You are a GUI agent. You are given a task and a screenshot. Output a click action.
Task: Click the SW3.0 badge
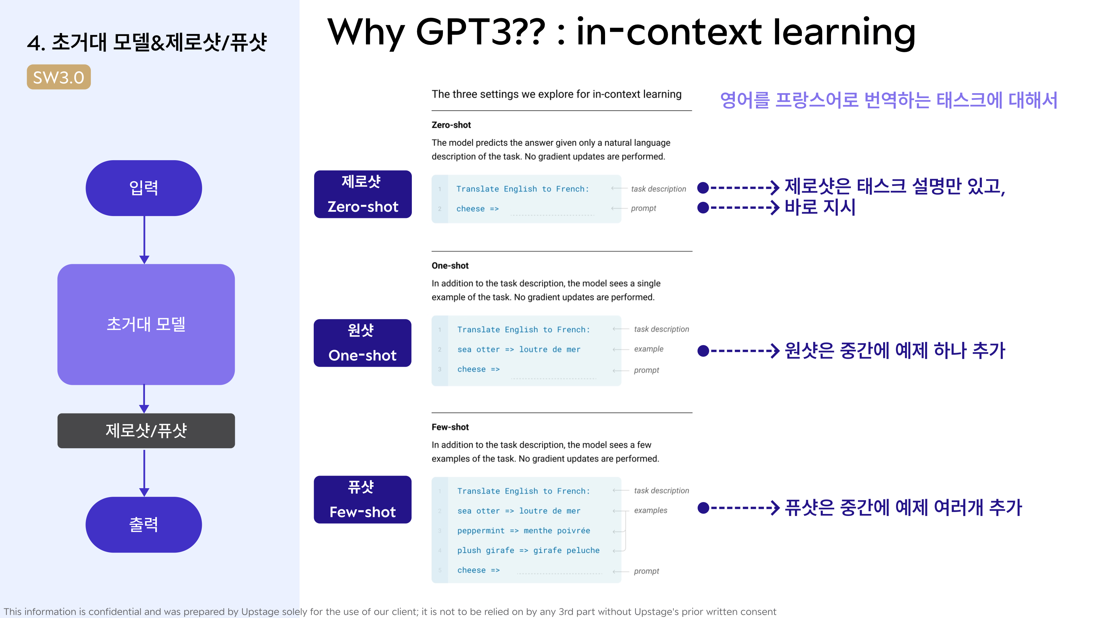[59, 77]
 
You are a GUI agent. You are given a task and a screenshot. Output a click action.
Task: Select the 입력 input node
[144, 188]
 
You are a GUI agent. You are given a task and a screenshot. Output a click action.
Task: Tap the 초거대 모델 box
[146, 324]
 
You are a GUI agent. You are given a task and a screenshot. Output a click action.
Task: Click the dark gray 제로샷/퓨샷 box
[146, 430]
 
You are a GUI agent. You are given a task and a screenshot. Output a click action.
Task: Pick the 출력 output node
[144, 524]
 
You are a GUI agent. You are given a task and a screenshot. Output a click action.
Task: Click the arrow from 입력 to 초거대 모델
[144, 240]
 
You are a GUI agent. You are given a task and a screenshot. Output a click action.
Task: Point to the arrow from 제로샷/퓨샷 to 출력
[144, 473]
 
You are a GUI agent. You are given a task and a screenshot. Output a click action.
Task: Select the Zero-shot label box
[363, 194]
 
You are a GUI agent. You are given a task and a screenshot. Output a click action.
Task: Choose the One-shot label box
[363, 343]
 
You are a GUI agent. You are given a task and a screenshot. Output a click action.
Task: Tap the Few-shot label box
[363, 500]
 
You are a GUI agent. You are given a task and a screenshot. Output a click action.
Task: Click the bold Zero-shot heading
[451, 125]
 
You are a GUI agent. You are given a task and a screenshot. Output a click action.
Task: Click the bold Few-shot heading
[450, 427]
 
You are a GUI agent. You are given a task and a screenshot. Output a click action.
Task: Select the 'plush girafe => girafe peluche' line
[528, 550]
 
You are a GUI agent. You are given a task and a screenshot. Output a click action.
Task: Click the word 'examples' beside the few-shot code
[651, 510]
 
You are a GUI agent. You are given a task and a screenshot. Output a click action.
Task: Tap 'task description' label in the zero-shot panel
[659, 189]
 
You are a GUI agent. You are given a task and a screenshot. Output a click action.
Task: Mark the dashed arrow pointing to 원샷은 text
[739, 350]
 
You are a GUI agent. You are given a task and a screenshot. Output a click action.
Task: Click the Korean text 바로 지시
[820, 207]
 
